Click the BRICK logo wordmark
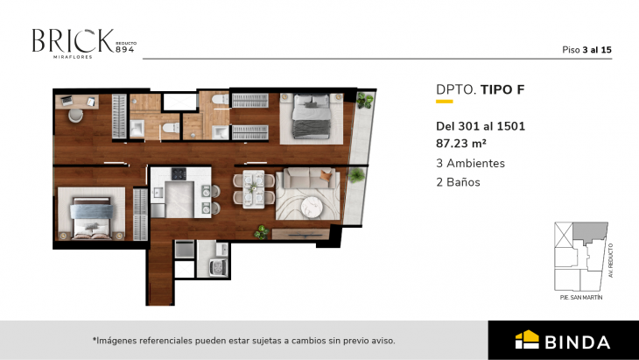72,40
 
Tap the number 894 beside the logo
125,48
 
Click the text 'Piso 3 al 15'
586,50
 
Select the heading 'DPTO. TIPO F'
480,88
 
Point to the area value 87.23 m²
461,143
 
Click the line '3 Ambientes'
470,163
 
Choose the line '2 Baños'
458,182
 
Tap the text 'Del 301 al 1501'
480,125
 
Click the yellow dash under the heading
444,103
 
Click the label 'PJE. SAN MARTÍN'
581,298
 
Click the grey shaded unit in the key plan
587,233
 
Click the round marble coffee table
312,207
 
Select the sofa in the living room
302,181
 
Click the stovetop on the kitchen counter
179,173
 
